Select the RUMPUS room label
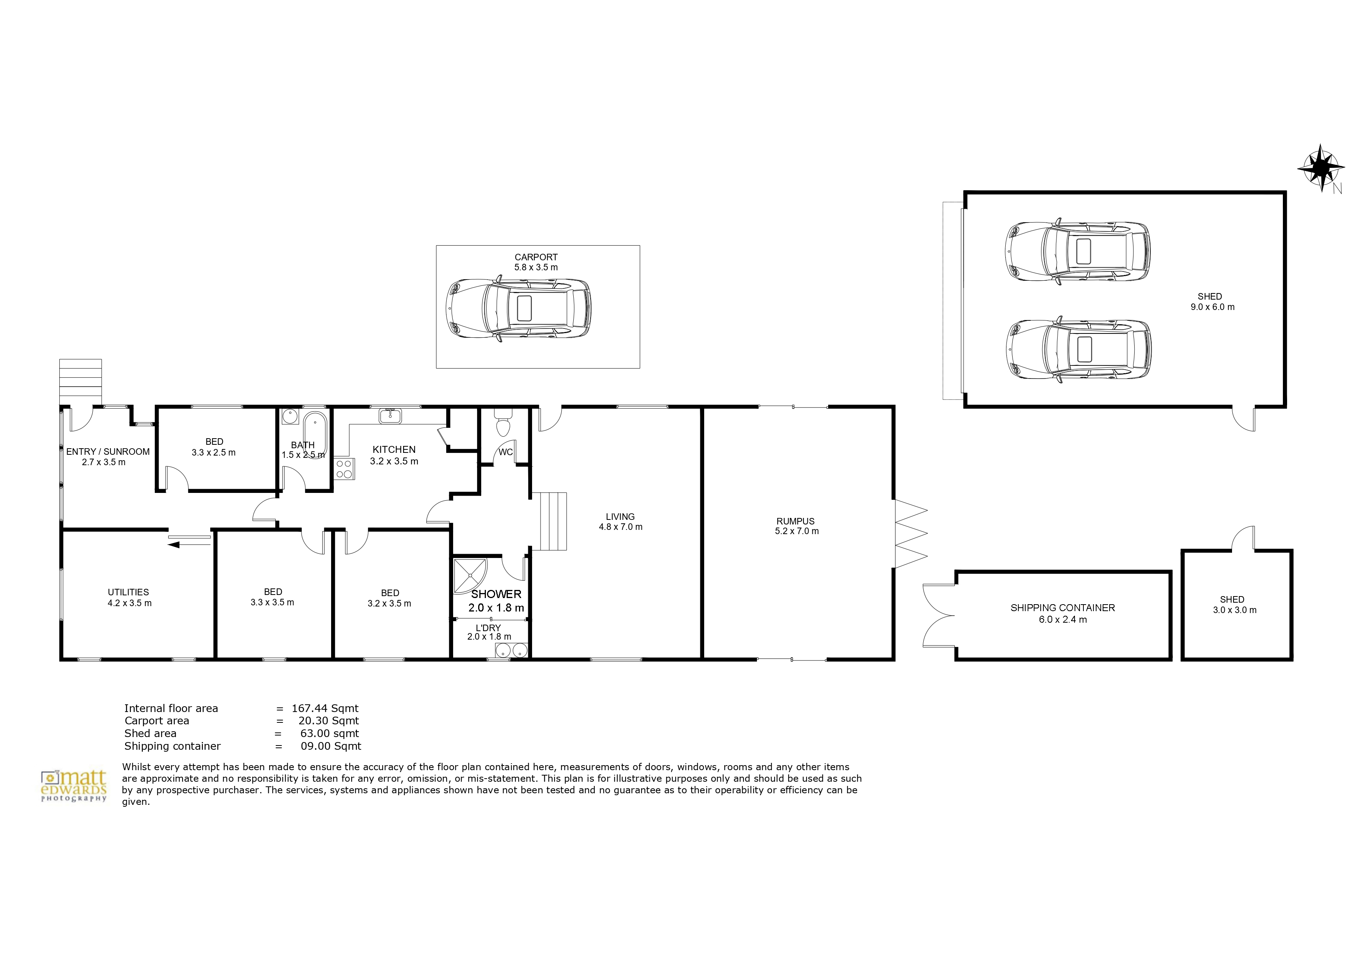795,521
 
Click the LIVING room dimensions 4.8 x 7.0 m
621,527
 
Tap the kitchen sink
390,416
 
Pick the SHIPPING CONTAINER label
1063,608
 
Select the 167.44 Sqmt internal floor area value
325,709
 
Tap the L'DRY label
488,628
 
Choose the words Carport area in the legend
157,721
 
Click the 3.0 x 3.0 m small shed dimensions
1234,610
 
